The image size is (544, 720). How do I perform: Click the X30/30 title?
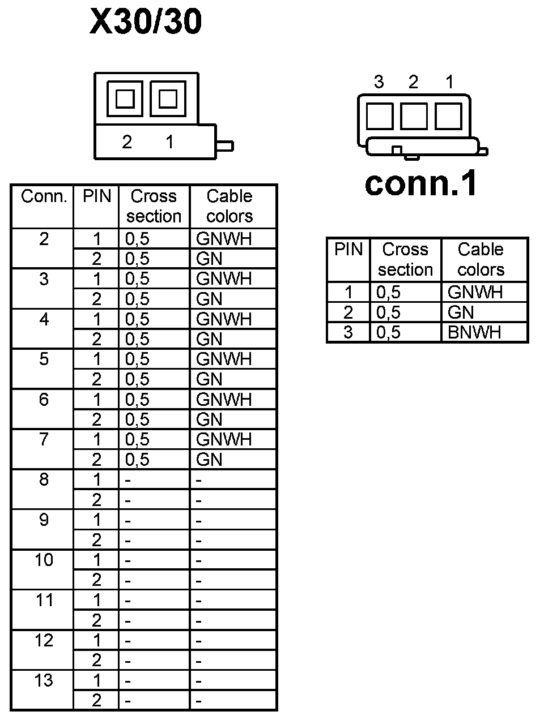point(146,23)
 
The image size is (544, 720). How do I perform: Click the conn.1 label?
point(421,183)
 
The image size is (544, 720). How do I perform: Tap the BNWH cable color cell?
point(474,332)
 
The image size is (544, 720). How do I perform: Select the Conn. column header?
point(44,197)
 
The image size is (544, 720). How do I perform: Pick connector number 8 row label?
point(44,479)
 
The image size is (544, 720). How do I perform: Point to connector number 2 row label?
point(44,239)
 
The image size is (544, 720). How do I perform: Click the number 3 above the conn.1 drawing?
point(379,82)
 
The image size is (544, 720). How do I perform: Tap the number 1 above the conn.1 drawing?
point(449,82)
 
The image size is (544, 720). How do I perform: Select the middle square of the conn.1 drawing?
point(414,115)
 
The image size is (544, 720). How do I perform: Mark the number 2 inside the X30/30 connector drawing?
point(127,142)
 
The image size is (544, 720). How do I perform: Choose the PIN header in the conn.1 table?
point(348,250)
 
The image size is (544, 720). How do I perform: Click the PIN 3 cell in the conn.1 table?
point(348,332)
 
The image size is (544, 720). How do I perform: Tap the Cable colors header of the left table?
point(229,206)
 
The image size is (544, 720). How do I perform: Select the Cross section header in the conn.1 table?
point(405,259)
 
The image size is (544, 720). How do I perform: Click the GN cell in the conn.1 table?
point(461,312)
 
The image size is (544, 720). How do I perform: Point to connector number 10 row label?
point(44,560)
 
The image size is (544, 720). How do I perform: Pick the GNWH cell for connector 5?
point(224,359)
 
